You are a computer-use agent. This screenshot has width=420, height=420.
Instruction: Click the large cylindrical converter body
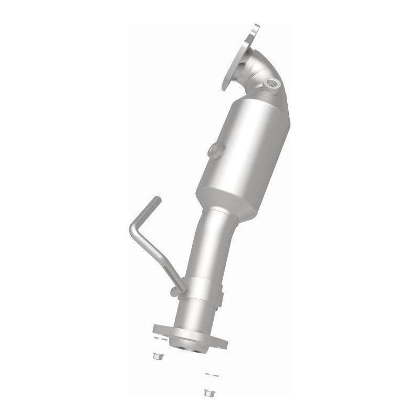[x=241, y=147]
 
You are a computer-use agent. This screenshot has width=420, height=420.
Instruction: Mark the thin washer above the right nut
[x=209, y=375]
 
